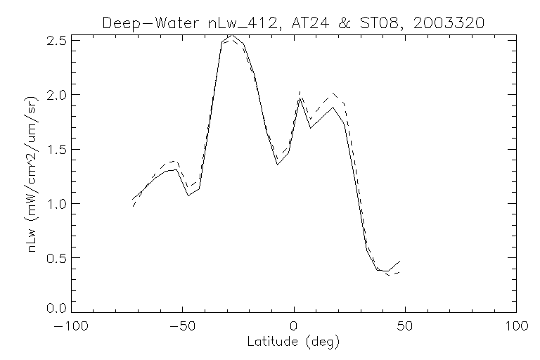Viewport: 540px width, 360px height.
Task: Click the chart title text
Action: tap(294, 22)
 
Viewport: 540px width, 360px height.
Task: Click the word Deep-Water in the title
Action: tap(139, 22)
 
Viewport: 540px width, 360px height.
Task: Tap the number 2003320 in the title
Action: tap(449, 22)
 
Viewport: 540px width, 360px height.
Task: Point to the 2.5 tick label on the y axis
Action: tap(58, 40)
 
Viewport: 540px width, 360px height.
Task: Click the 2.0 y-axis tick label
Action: tap(58, 95)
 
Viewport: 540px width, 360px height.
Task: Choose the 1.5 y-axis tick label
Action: tap(58, 149)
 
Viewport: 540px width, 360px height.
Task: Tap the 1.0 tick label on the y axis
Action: tap(58, 204)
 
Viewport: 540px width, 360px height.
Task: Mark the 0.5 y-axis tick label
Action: tap(58, 258)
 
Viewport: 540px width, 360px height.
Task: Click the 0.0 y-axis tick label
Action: tap(58, 308)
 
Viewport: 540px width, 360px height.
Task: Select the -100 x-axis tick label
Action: tap(72, 327)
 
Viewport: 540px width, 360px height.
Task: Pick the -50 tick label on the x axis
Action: tap(182, 327)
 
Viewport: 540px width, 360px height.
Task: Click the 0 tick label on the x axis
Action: tap(294, 327)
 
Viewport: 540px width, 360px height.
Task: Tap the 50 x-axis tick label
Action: tap(405, 327)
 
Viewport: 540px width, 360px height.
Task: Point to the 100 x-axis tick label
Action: tap(516, 327)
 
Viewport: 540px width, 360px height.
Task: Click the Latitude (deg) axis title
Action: tap(294, 342)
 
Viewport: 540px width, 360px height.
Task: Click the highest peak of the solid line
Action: tap(231, 34)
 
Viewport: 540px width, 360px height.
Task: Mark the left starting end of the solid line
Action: tap(132, 199)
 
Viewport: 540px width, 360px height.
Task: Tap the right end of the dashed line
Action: tap(399, 273)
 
